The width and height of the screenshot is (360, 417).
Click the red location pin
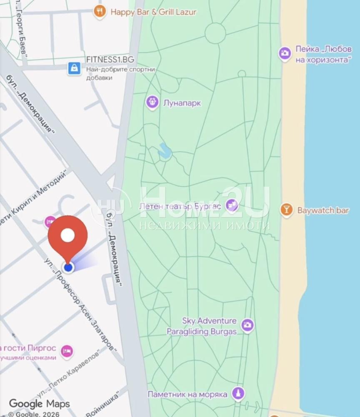pyautogui.click(x=67, y=237)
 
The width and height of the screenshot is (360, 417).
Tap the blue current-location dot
pyautogui.click(x=68, y=267)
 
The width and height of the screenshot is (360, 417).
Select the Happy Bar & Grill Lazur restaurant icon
pyautogui.click(x=99, y=12)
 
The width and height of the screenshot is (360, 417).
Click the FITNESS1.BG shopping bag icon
pyautogui.click(x=74, y=68)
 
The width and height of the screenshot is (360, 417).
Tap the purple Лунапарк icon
pyautogui.click(x=152, y=102)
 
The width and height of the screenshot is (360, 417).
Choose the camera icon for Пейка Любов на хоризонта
pyautogui.click(x=285, y=53)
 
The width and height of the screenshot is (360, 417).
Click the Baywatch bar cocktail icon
pyautogui.click(x=286, y=209)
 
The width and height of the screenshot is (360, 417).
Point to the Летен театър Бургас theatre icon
pyautogui.click(x=232, y=205)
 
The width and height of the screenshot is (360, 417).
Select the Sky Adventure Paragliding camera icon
pyautogui.click(x=247, y=325)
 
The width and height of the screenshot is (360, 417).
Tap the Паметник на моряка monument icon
pyautogui.click(x=238, y=393)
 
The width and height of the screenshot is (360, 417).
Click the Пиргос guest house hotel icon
pyautogui.click(x=66, y=352)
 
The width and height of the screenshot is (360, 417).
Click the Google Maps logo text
pyautogui.click(x=40, y=404)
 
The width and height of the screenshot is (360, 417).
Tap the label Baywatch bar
pyautogui.click(x=323, y=210)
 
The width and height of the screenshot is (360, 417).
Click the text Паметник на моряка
pyautogui.click(x=187, y=394)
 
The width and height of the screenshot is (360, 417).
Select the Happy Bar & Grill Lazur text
pyautogui.click(x=153, y=12)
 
